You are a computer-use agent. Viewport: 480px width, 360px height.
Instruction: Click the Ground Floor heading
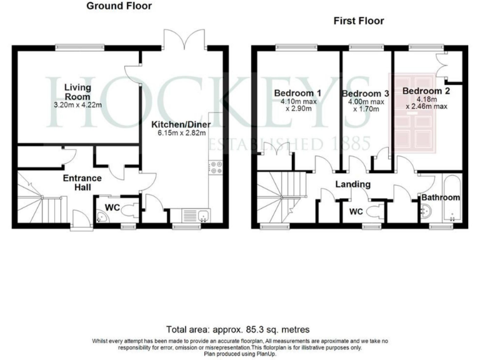click(119, 6)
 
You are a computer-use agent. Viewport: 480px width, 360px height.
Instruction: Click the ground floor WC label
click(112, 206)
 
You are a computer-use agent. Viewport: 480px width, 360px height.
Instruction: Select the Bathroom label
click(440, 197)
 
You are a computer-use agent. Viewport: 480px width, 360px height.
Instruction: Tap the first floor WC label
click(356, 212)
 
